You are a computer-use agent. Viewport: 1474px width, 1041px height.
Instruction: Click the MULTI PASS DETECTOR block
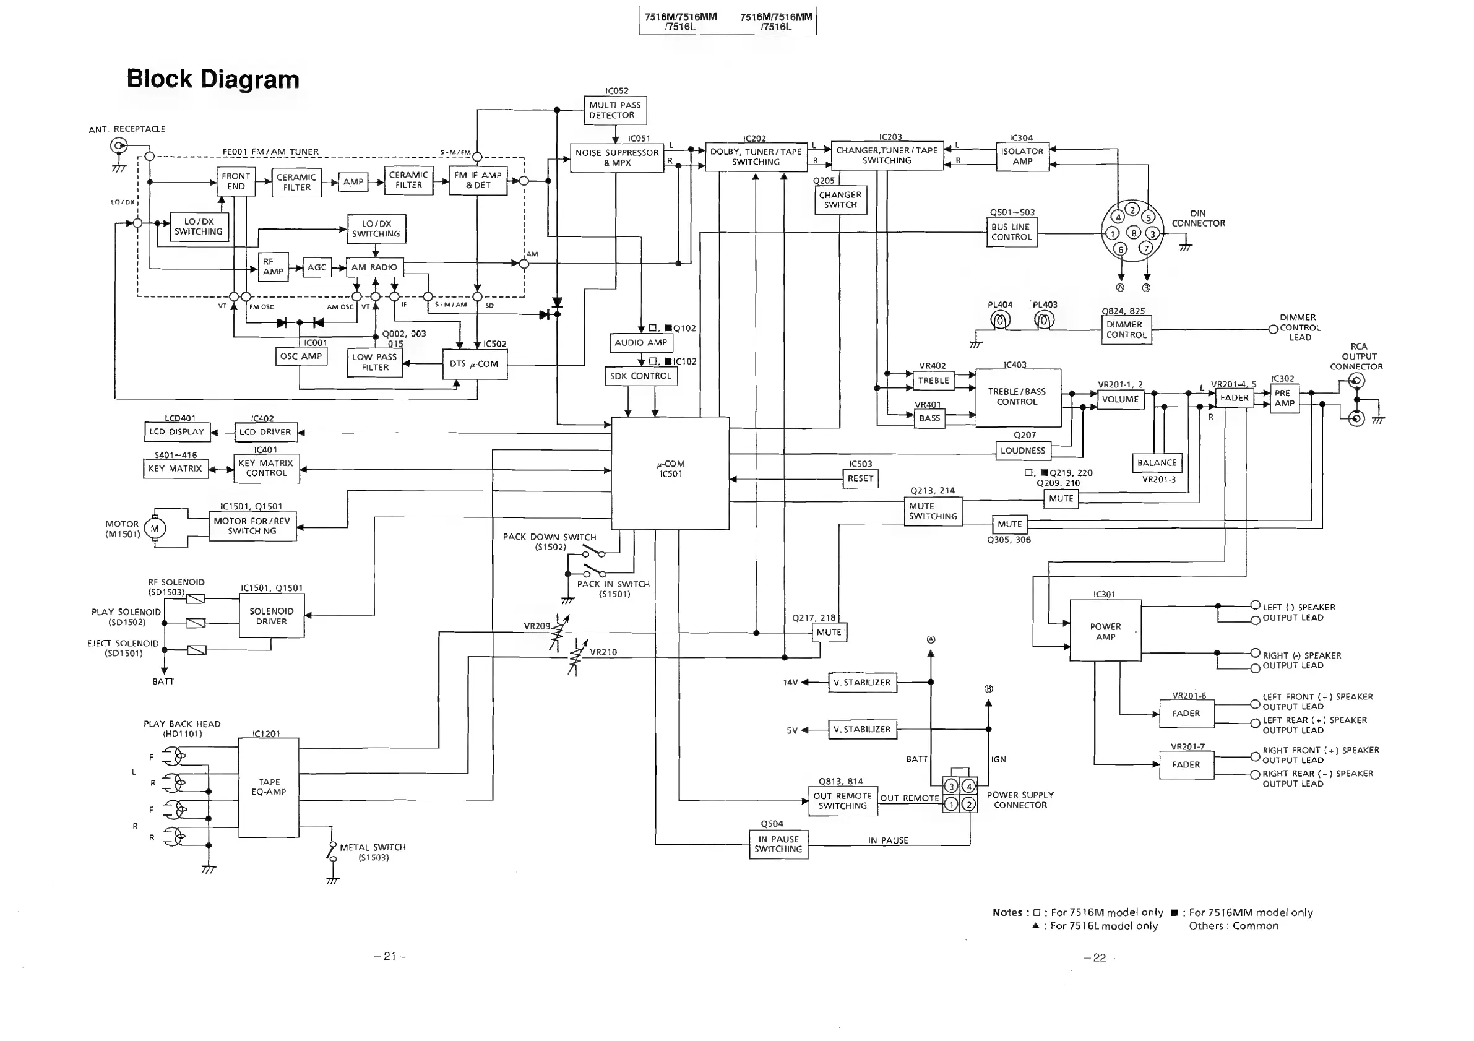[x=614, y=110]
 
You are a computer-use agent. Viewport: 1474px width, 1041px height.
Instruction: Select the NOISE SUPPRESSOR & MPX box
[x=616, y=158]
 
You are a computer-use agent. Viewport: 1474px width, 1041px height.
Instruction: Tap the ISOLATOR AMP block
[x=1022, y=156]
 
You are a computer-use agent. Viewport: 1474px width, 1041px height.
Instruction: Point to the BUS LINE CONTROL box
[x=1011, y=232]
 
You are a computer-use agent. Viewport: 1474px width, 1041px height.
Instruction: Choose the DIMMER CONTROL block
[x=1126, y=329]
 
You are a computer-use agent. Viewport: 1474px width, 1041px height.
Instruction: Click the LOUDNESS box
[x=1023, y=451]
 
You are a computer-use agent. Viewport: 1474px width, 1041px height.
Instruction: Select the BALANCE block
[x=1156, y=463]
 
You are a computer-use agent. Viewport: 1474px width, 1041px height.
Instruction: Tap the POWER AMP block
[x=1105, y=631]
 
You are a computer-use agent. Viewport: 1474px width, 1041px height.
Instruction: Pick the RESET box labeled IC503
[x=860, y=478]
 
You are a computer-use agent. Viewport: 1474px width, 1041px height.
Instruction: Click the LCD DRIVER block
[x=265, y=432]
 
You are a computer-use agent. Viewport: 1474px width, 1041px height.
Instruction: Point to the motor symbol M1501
[x=154, y=529]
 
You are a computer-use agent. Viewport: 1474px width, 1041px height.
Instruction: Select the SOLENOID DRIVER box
[x=272, y=616]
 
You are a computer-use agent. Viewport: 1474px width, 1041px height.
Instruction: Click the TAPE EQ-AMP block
[x=269, y=787]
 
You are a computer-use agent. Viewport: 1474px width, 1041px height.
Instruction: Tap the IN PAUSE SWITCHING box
[x=778, y=844]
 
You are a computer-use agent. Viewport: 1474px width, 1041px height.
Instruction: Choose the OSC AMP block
[x=301, y=356]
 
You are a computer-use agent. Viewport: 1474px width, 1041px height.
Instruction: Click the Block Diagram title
[x=213, y=79]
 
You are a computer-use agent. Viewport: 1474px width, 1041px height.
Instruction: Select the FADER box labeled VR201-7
[x=1186, y=765]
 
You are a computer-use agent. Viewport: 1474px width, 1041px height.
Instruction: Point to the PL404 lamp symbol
[x=999, y=319]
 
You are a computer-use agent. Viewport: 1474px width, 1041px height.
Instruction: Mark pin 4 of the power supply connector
[x=969, y=786]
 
